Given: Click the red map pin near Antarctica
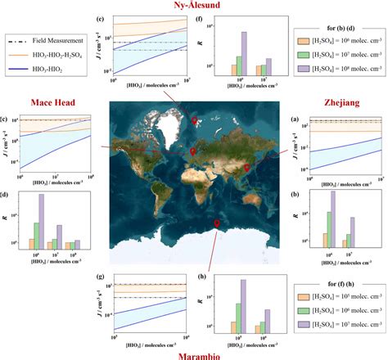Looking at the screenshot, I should pyautogui.click(x=216, y=223).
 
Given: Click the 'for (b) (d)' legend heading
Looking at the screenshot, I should pyautogui.click(x=336, y=20).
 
